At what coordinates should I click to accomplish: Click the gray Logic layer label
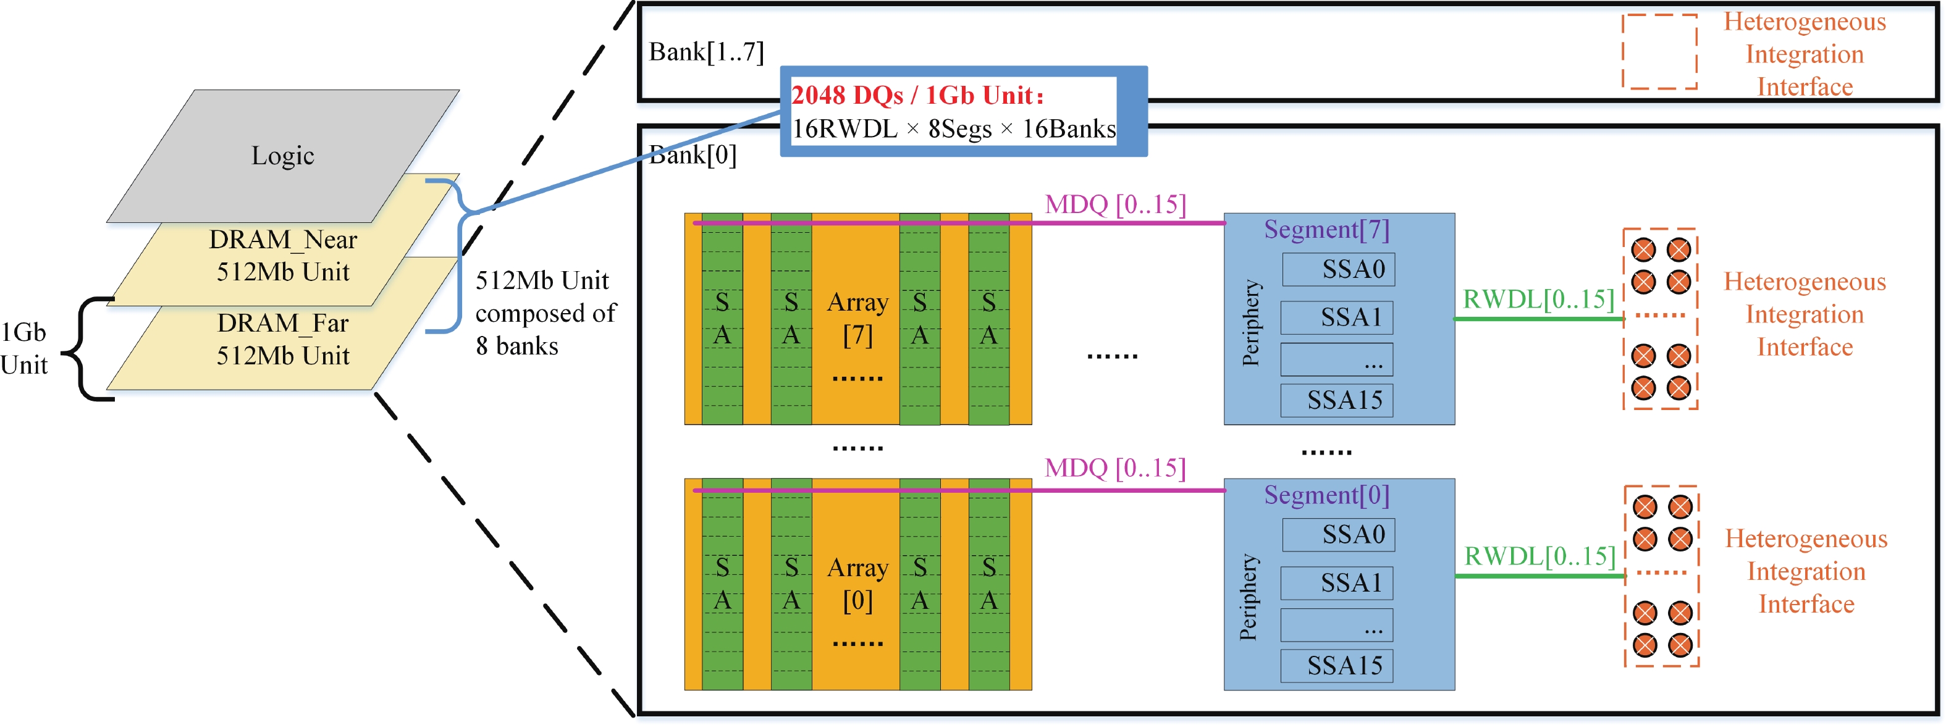tap(282, 156)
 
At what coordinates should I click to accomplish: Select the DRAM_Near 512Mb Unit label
tap(282, 255)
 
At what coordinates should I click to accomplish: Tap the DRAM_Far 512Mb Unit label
tap(282, 339)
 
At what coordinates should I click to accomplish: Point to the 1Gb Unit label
tap(24, 348)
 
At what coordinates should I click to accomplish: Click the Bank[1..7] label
tap(706, 51)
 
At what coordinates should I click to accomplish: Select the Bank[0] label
tap(693, 155)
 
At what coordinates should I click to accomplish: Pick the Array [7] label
tap(857, 318)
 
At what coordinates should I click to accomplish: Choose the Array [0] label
tap(857, 584)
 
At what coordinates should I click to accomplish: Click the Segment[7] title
tap(1326, 229)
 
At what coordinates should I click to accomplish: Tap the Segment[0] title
tap(1326, 495)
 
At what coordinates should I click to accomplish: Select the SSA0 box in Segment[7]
tap(1339, 270)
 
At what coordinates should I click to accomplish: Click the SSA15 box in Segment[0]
tap(1337, 665)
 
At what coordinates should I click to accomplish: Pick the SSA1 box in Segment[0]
tap(1337, 583)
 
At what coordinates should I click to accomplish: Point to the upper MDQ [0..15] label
tap(1115, 204)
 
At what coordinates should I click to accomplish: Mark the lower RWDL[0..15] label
tap(1540, 556)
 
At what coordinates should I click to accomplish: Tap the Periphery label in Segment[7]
tap(1251, 323)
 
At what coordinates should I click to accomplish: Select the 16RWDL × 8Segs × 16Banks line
tap(953, 129)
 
